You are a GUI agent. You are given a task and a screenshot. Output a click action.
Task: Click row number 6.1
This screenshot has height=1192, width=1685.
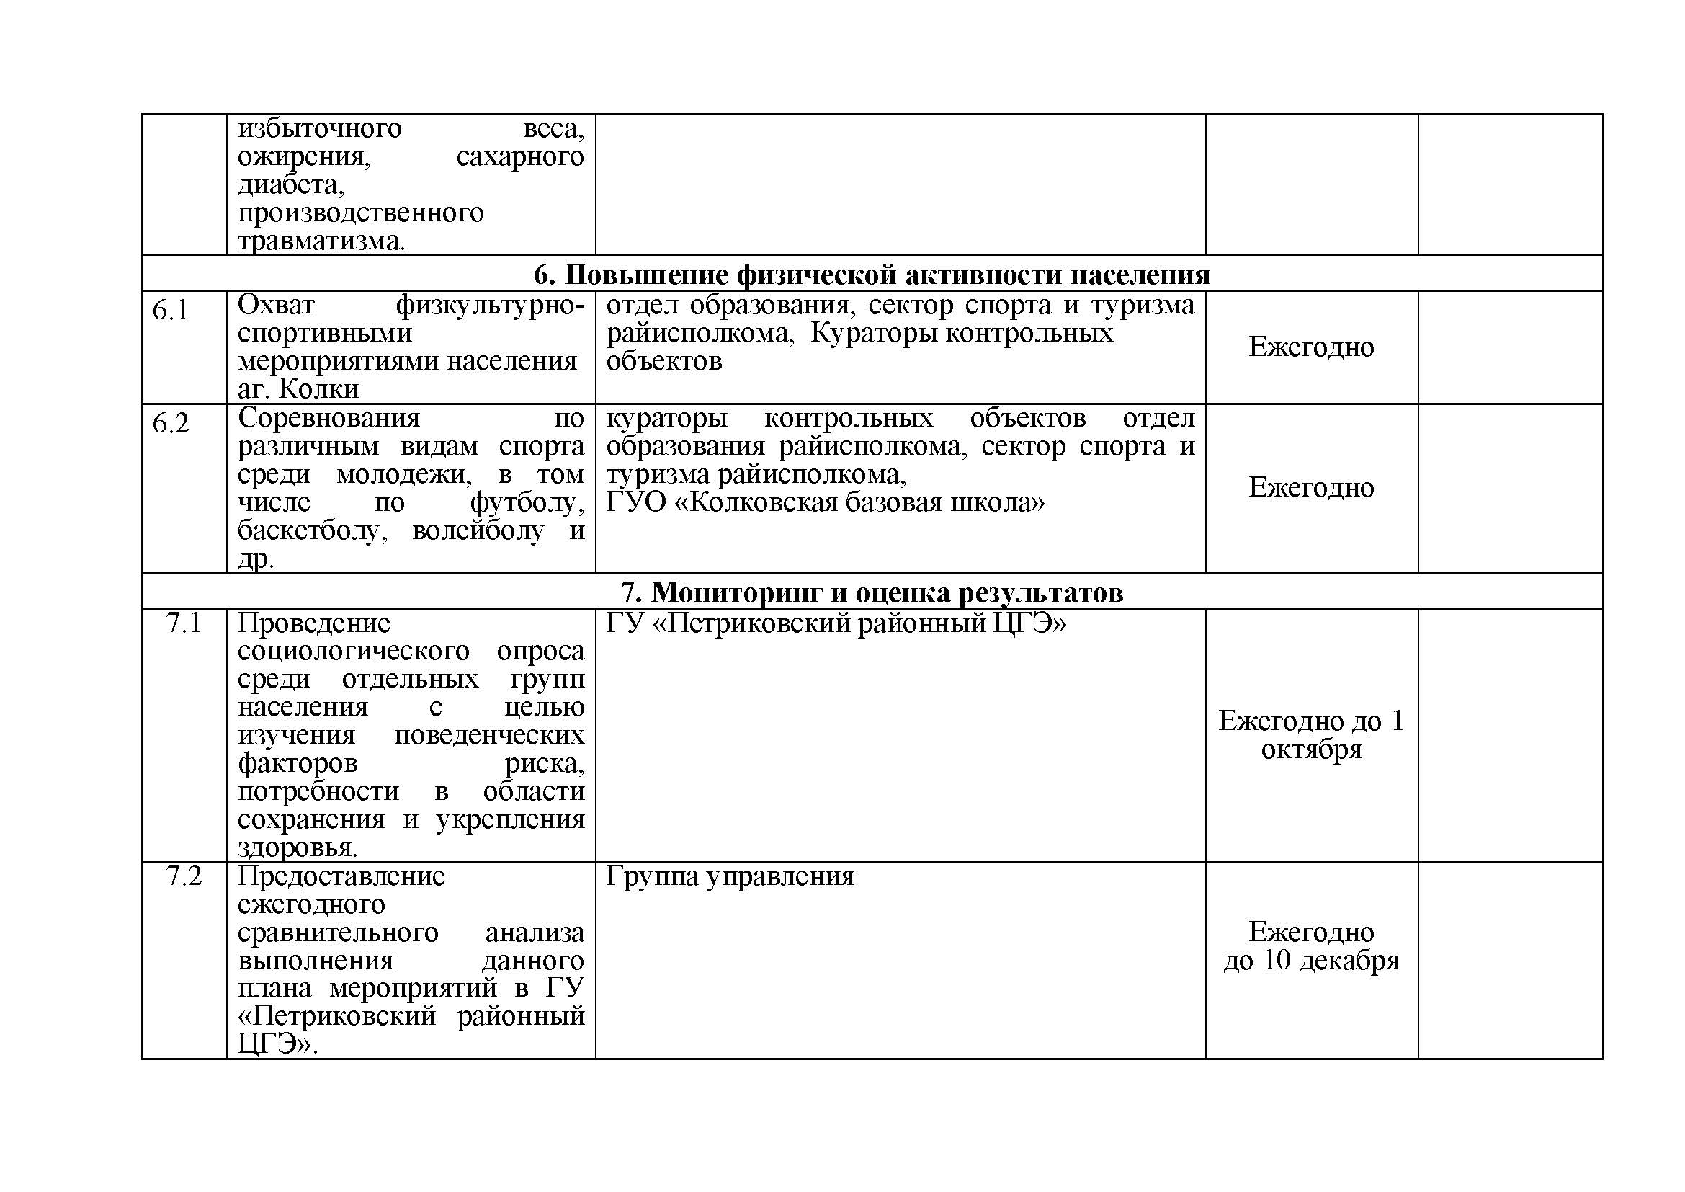click(170, 311)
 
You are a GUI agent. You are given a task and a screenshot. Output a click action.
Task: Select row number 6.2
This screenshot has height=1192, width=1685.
click(170, 424)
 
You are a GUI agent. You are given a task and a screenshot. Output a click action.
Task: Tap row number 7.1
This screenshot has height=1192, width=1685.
click(184, 623)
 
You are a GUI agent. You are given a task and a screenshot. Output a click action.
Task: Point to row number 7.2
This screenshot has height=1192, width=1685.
click(184, 876)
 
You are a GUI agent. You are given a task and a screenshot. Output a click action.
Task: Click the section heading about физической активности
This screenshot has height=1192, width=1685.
click(871, 275)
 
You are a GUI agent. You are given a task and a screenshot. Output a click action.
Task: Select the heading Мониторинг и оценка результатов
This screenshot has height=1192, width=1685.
click(871, 592)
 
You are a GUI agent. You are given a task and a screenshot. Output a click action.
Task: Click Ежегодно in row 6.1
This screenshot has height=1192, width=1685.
click(1310, 347)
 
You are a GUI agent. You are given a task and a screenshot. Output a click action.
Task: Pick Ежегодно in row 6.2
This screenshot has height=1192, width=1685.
click(1310, 488)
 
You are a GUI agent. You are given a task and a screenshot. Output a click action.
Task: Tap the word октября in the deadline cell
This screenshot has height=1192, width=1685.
click(1310, 750)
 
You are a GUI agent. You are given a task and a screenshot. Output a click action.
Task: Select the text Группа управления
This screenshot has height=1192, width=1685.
click(730, 876)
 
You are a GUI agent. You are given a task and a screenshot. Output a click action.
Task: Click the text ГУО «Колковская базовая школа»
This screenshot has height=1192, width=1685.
click(825, 503)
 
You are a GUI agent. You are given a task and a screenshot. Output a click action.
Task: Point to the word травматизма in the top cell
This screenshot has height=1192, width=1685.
click(320, 241)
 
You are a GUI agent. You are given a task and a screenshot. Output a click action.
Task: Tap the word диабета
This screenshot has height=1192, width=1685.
click(290, 185)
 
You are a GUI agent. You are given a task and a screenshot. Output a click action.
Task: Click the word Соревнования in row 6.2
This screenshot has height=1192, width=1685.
click(328, 419)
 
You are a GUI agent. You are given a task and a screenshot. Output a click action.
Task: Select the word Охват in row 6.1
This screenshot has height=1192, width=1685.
click(276, 305)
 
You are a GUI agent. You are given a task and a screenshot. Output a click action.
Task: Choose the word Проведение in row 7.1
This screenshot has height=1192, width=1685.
click(313, 623)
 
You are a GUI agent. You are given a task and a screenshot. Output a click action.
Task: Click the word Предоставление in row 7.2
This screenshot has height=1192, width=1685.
click(341, 876)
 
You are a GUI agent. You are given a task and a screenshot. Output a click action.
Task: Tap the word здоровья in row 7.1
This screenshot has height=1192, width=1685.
click(298, 848)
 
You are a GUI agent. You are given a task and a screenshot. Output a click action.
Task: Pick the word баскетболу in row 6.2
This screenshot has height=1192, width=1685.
click(311, 530)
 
